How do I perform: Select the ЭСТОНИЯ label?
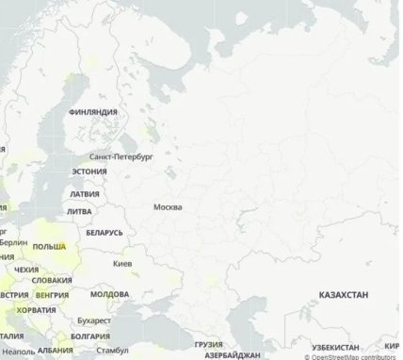tap(89, 172)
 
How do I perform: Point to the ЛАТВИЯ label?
tap(85, 194)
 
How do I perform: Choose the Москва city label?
tap(167, 207)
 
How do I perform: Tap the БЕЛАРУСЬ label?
tap(104, 232)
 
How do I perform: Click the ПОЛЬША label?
tap(49, 246)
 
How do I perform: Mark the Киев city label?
tap(122, 263)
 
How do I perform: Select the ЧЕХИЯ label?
tap(26, 270)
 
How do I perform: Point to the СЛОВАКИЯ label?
tap(52, 281)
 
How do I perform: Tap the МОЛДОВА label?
tap(110, 294)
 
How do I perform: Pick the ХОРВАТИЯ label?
tap(36, 309)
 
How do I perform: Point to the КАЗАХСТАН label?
tap(344, 295)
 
